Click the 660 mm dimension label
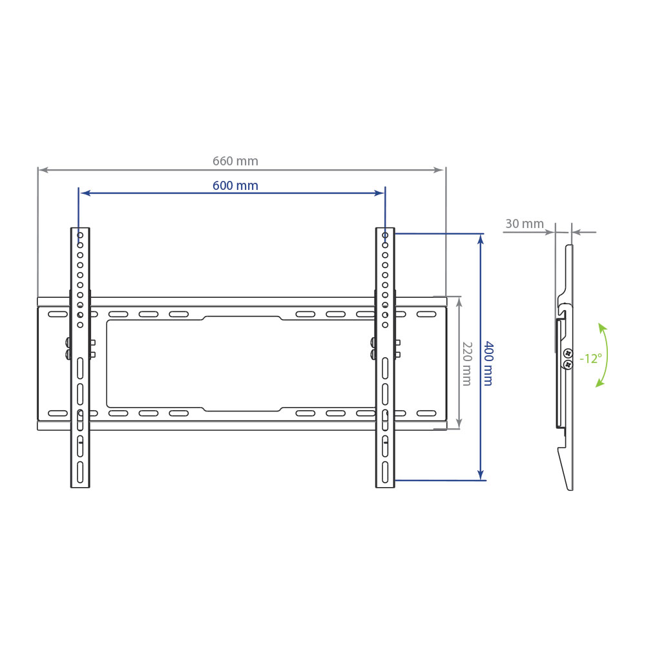pyautogui.click(x=235, y=161)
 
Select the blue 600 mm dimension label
pyautogui.click(x=235, y=186)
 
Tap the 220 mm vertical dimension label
pyautogui.click(x=467, y=363)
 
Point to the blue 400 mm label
pyautogui.click(x=488, y=363)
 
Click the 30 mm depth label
pyautogui.click(x=525, y=224)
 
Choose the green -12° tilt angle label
pyautogui.click(x=591, y=359)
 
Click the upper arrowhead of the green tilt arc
pyautogui.click(x=602, y=328)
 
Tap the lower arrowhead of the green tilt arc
pyautogui.click(x=600, y=383)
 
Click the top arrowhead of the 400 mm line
pyautogui.click(x=481, y=239)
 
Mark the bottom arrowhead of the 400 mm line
pyautogui.click(x=481, y=475)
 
